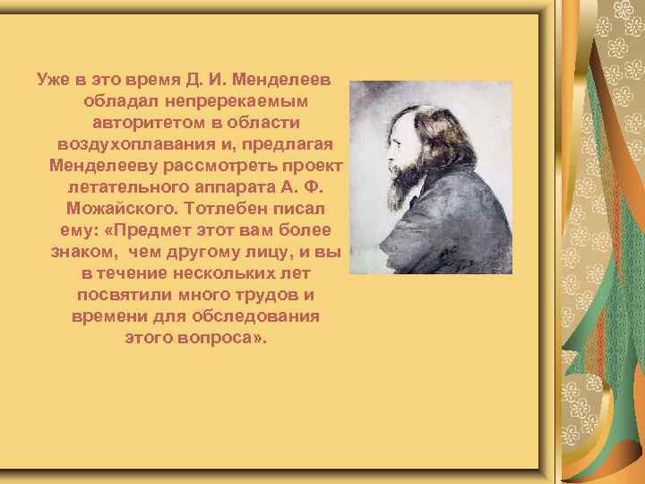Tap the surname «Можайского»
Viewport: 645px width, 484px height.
pos(118,208)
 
